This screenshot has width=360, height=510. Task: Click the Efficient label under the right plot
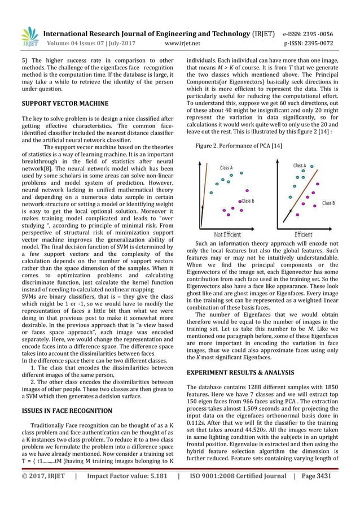tap(302, 234)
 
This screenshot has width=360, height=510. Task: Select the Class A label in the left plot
tap(226, 168)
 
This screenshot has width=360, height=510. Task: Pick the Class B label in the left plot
tap(247, 200)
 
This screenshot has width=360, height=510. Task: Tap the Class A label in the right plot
tap(300, 165)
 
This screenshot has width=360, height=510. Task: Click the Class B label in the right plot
tap(328, 203)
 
